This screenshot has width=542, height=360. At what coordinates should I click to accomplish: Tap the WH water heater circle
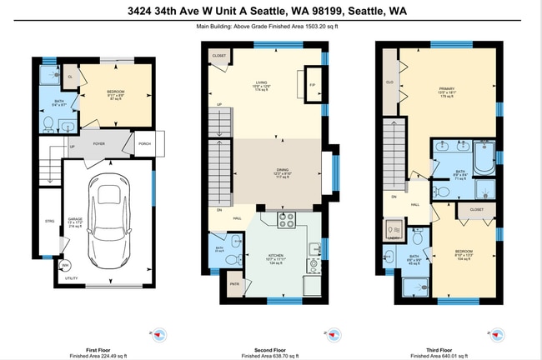point(64,266)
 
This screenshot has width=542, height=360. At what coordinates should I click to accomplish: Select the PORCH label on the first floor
point(144,143)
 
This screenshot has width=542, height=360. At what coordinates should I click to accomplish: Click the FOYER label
point(98,143)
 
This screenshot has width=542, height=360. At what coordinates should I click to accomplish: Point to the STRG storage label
point(49,221)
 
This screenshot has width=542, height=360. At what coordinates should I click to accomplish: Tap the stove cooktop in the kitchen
point(287,221)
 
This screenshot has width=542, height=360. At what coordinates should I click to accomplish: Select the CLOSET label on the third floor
point(476,210)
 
